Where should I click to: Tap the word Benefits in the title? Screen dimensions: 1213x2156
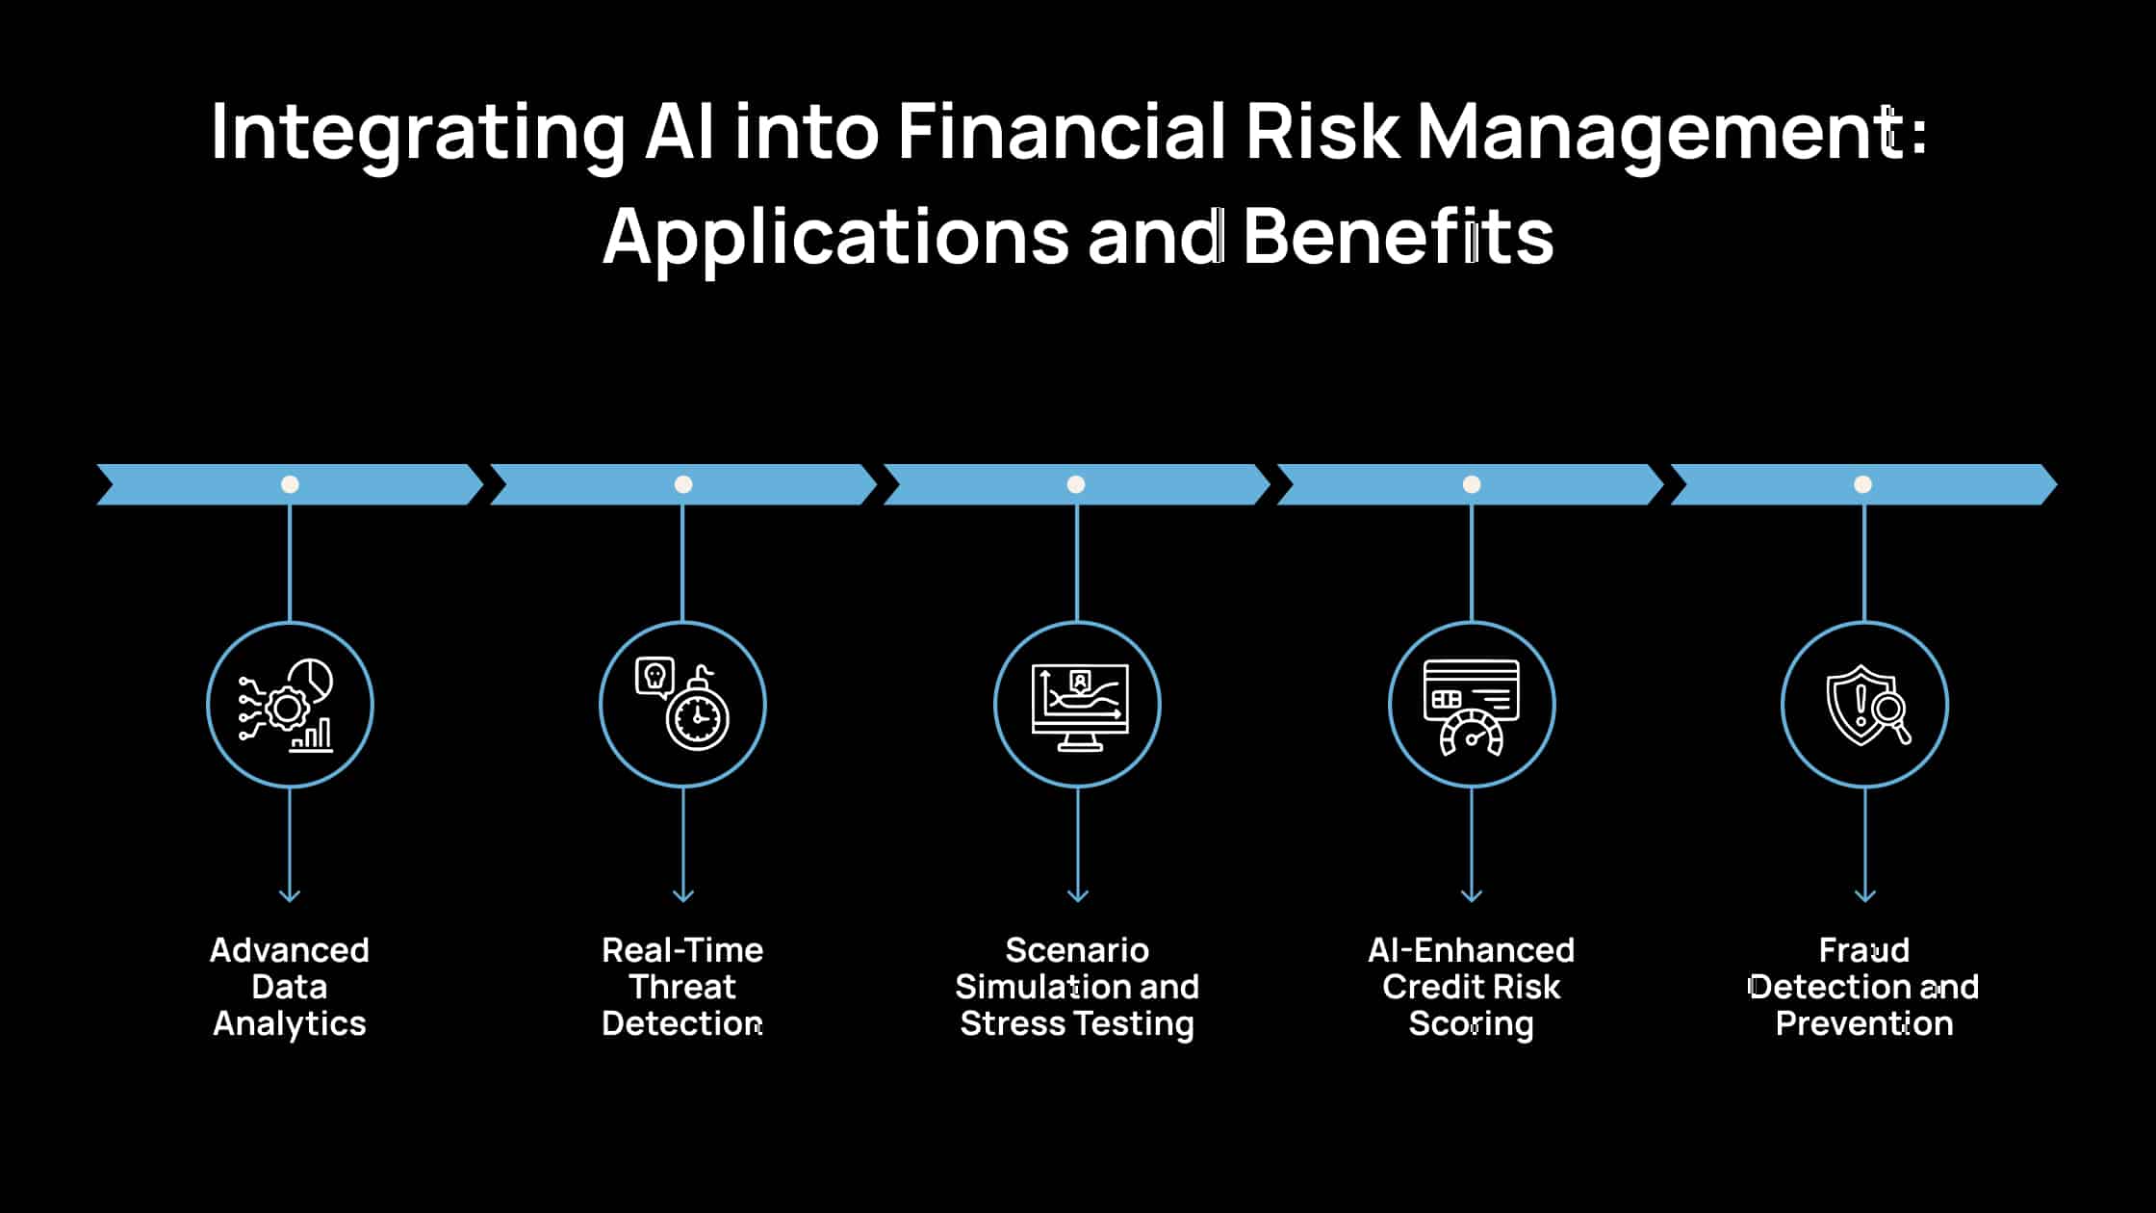point(1398,236)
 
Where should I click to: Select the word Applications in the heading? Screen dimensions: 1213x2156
point(835,238)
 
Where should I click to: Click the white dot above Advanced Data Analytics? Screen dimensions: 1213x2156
point(290,484)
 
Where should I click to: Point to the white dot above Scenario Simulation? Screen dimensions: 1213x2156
point(1076,484)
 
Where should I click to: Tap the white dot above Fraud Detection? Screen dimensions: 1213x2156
point(1863,484)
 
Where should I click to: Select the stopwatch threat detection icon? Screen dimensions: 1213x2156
point(682,705)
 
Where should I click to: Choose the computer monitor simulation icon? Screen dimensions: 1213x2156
point(1077,705)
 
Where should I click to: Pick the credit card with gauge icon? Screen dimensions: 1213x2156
point(1471,705)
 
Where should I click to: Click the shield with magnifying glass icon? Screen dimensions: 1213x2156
point(1864,705)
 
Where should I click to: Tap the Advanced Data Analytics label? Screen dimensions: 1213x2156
point(290,987)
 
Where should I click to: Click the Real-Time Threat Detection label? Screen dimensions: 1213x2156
point(682,987)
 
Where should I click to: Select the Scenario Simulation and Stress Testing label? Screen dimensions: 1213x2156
point(1077,987)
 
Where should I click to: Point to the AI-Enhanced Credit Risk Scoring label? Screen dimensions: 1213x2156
point(1471,987)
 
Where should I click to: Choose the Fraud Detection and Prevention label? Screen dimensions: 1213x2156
point(1864,987)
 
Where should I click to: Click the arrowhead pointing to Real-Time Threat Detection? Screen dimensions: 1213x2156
point(682,895)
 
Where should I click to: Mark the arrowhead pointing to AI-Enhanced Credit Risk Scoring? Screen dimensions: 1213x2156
point(1471,895)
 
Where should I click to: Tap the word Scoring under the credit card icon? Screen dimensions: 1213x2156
point(1471,1024)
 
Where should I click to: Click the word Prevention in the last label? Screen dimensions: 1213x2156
point(1864,1023)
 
